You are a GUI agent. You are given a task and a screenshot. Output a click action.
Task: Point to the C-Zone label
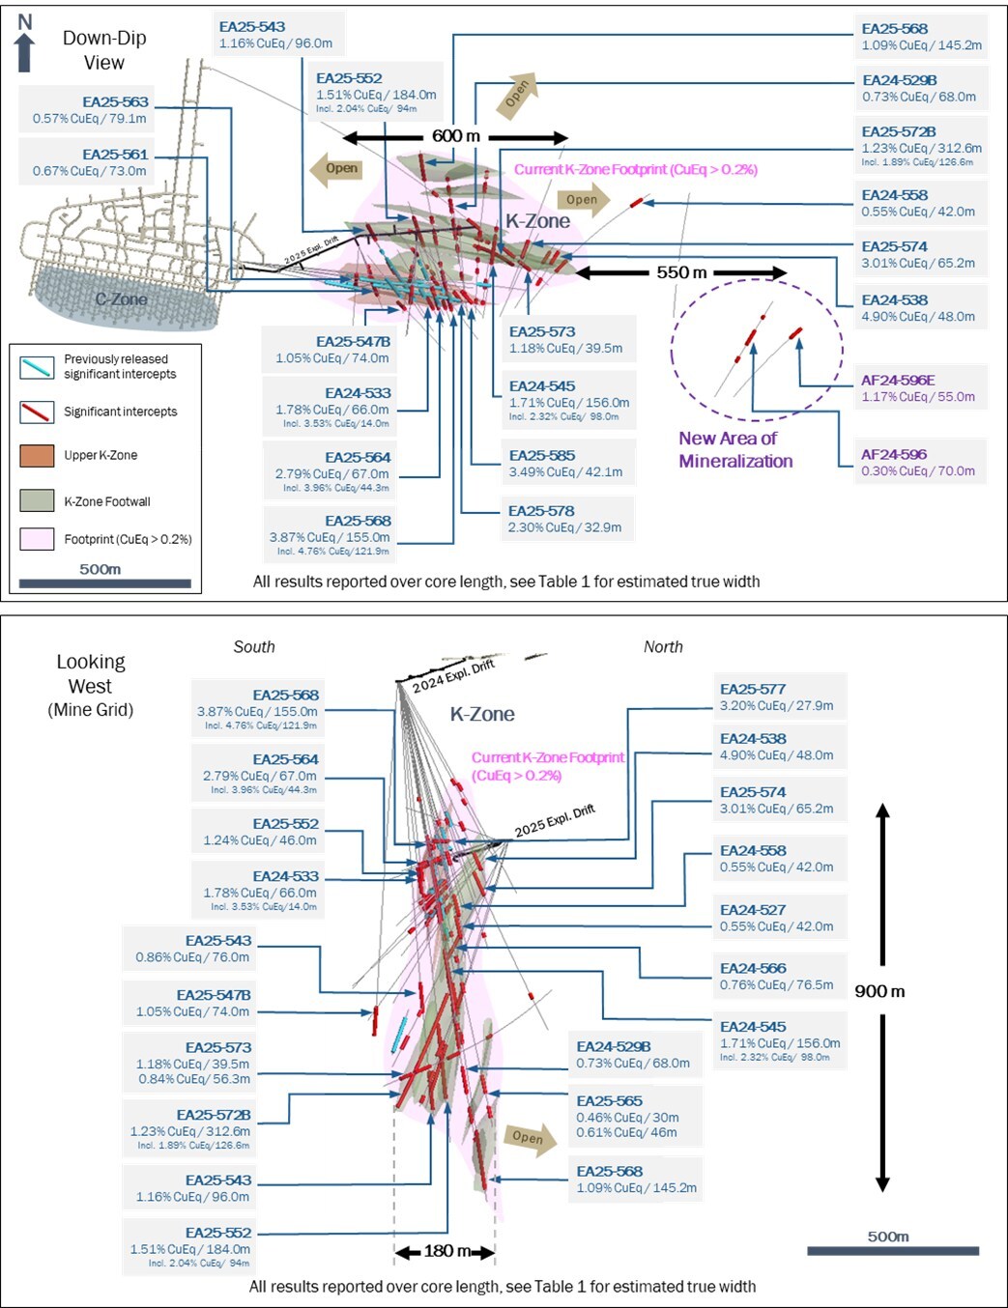pyautogui.click(x=121, y=299)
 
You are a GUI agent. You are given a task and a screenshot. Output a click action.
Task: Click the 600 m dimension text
pyautogui.click(x=455, y=136)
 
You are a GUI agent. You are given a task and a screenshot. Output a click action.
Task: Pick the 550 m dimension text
pyautogui.click(x=681, y=272)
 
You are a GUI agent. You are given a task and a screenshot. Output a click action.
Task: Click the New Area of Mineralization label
pyautogui.click(x=734, y=449)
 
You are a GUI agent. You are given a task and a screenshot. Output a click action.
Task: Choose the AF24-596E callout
pyautogui.click(x=918, y=387)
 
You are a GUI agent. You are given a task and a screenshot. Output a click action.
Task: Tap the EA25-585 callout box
pyautogui.click(x=566, y=463)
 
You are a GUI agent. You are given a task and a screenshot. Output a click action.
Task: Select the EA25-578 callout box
pyautogui.click(x=565, y=519)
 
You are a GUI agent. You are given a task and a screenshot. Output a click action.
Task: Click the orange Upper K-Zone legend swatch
pyautogui.click(x=37, y=455)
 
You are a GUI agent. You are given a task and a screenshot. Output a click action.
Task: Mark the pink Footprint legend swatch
pyautogui.click(x=37, y=539)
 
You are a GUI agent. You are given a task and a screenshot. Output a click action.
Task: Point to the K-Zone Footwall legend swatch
pyautogui.click(x=37, y=500)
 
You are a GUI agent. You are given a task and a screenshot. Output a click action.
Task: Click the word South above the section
pyautogui.click(x=254, y=647)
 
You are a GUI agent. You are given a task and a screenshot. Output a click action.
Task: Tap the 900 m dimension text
pyautogui.click(x=879, y=991)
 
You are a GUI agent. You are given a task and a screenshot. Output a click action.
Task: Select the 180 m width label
pyautogui.click(x=446, y=1251)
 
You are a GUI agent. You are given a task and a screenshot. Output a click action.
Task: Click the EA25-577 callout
pyautogui.click(x=777, y=697)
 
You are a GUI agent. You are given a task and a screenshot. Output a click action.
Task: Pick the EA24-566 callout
pyautogui.click(x=777, y=976)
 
